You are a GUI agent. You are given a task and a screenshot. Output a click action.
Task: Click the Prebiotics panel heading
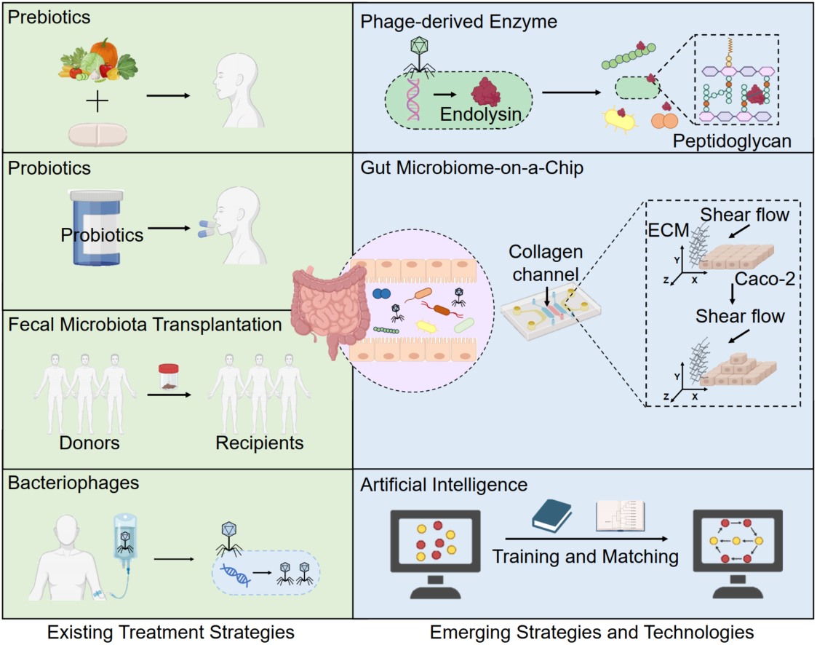click(x=49, y=17)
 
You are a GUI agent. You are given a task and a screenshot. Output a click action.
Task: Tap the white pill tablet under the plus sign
click(x=97, y=135)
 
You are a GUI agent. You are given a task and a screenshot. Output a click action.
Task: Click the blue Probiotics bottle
click(x=97, y=228)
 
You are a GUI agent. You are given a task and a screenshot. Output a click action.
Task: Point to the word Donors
click(x=89, y=443)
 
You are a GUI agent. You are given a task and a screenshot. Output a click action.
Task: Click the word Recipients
click(x=260, y=443)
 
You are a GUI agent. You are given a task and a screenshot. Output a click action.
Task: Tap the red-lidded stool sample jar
click(x=168, y=376)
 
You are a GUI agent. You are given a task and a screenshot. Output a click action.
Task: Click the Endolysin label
click(x=480, y=114)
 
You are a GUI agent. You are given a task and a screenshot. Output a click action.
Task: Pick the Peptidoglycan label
click(x=732, y=141)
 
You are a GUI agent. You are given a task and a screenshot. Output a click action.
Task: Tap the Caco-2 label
click(x=765, y=279)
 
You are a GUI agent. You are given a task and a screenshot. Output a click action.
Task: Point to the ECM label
click(x=669, y=230)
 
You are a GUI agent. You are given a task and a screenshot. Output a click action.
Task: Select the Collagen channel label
click(x=546, y=263)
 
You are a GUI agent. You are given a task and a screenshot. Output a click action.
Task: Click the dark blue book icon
click(x=551, y=515)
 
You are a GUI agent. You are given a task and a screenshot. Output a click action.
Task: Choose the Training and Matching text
click(x=585, y=556)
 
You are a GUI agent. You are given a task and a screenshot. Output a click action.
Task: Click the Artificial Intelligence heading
click(x=444, y=484)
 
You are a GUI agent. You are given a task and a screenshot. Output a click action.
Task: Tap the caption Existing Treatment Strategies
click(x=171, y=632)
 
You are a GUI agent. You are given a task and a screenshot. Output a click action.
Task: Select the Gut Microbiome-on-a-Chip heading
click(x=472, y=168)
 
